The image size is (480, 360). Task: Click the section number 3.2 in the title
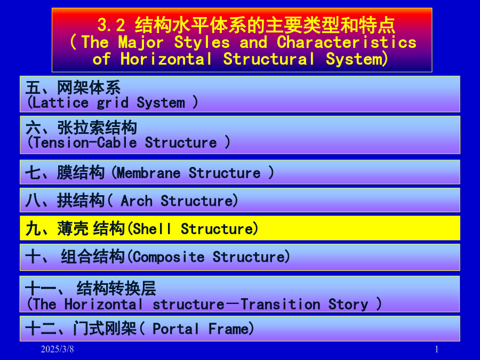[111, 25]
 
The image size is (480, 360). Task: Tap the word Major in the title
[141, 42]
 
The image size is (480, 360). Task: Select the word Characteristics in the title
[347, 42]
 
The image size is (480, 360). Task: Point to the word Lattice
[60, 102]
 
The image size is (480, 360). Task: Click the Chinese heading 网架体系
[89, 88]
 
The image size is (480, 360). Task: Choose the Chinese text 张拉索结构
[97, 127]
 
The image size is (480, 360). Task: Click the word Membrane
[148, 173]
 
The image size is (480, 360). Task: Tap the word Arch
[137, 201]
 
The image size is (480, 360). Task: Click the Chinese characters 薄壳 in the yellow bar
[73, 229]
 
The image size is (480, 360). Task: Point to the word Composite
[169, 257]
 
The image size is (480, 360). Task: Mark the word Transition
[281, 305]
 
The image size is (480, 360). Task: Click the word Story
[348, 305]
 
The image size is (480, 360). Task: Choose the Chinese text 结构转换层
[116, 289]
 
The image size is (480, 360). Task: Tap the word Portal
[175, 329]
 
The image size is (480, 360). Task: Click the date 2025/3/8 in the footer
[57, 349]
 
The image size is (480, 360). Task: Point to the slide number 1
[436, 349]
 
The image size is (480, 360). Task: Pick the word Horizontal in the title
[166, 59]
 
